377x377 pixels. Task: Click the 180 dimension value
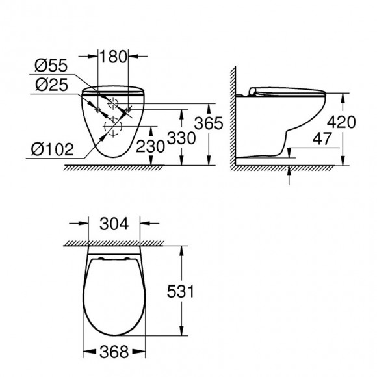coord(112,57)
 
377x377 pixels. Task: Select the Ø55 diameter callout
coord(51,66)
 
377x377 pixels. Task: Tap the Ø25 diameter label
coord(52,84)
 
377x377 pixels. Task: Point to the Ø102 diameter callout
coord(52,149)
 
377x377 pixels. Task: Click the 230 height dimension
coord(150,146)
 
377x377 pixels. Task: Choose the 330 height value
coord(181,138)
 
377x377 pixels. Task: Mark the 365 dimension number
coord(209,123)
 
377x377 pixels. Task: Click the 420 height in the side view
coord(341,122)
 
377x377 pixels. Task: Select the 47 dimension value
coord(322,138)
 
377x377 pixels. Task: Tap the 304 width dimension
coord(114,224)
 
